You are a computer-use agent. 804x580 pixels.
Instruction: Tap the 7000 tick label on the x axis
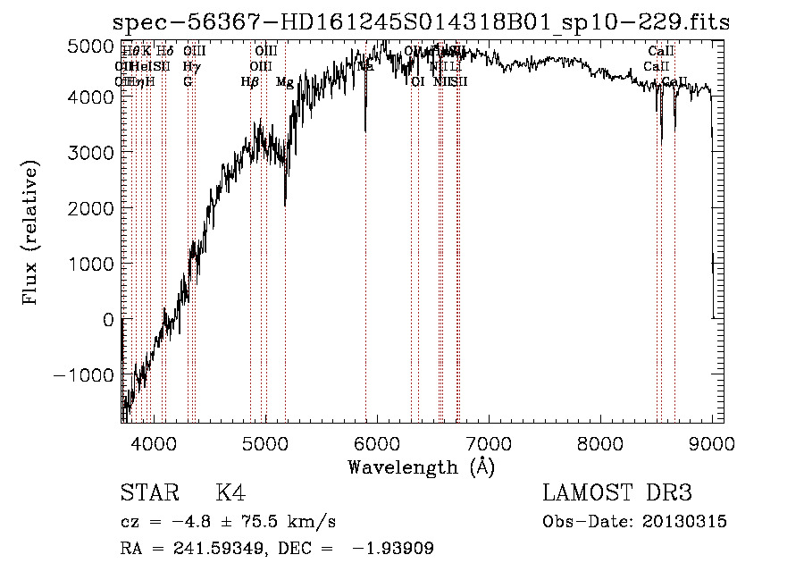[x=489, y=441]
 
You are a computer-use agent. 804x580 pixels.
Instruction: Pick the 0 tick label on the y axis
[x=107, y=319]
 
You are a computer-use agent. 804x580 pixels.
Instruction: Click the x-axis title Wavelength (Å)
[x=421, y=467]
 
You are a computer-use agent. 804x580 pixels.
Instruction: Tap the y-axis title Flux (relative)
[x=32, y=234]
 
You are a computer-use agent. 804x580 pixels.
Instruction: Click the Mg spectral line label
[x=284, y=82]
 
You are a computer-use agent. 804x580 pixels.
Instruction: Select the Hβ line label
[x=250, y=82]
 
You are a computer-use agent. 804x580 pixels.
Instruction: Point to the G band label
[x=188, y=82]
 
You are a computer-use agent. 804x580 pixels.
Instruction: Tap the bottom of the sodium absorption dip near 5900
[x=365, y=130]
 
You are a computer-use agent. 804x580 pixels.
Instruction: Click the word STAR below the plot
[x=147, y=493]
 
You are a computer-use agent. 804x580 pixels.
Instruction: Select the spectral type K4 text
[x=230, y=493]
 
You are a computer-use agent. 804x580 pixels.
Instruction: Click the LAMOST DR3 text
[x=617, y=493]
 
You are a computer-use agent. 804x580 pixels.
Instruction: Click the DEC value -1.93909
[x=392, y=549]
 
